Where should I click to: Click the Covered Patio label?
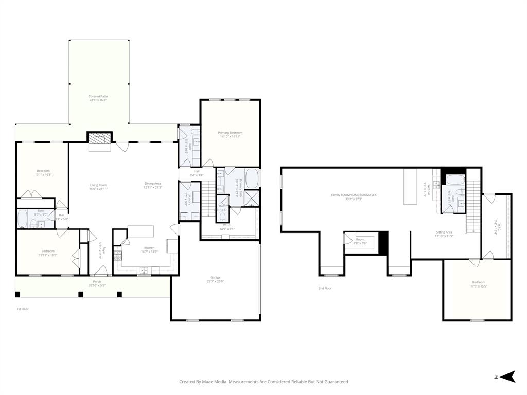point(98,98)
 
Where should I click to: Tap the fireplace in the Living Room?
point(99,138)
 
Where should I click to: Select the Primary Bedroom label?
point(230,134)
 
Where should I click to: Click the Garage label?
point(215,279)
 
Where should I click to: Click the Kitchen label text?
point(149,249)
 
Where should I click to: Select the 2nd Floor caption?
point(325,288)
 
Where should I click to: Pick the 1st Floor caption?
point(22,309)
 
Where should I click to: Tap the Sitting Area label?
point(444,234)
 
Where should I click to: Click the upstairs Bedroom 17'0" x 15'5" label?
point(479,284)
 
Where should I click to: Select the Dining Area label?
point(153,185)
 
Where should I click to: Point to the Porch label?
point(97,283)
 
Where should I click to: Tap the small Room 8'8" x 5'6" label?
point(360,241)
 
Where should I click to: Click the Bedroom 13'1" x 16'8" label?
point(43,172)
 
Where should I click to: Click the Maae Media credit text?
point(263,382)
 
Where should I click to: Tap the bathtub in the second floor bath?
point(454,180)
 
